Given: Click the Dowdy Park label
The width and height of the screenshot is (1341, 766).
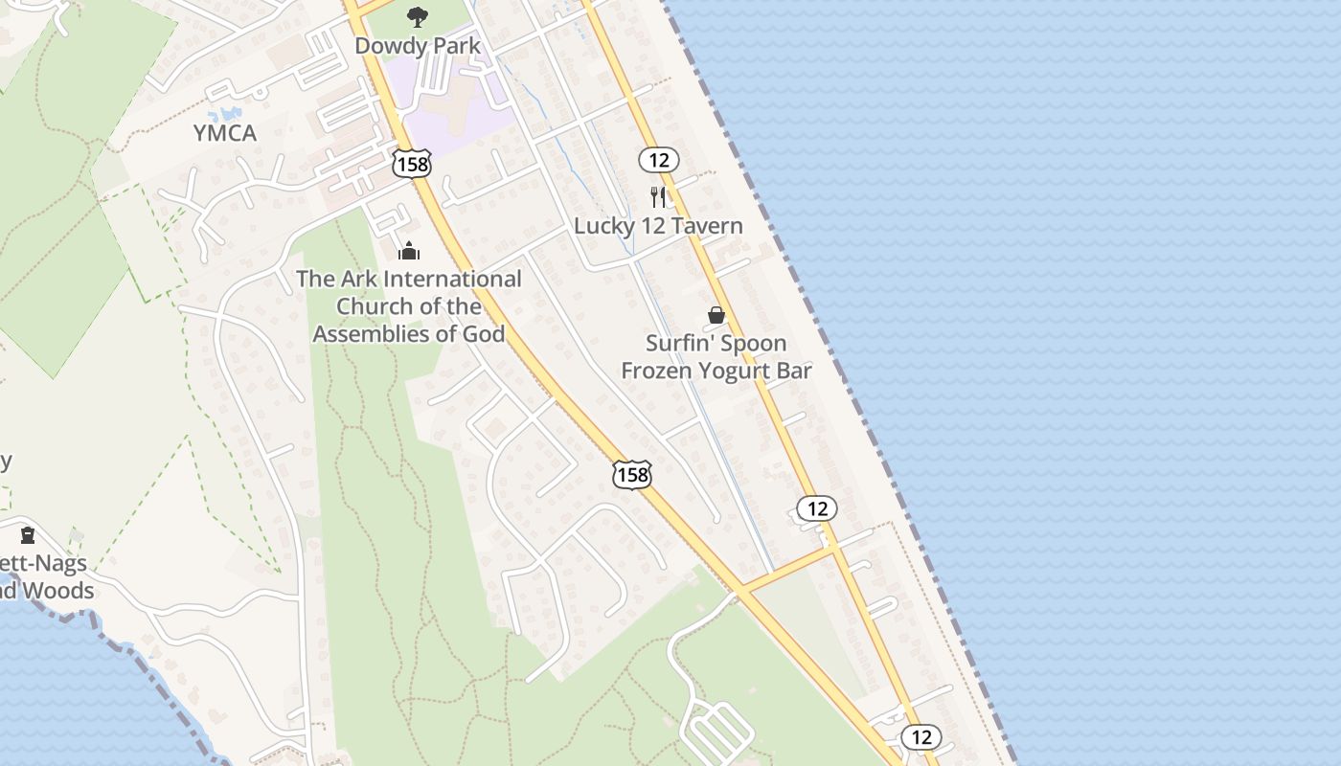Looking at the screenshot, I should (x=418, y=46).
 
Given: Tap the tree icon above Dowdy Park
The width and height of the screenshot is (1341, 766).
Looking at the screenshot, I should (x=417, y=16).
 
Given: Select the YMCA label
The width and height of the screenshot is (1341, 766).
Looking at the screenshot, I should (x=225, y=133).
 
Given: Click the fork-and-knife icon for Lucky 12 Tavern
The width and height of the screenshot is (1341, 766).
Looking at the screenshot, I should (x=658, y=197).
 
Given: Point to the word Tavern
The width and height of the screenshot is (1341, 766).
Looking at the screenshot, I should (x=708, y=227).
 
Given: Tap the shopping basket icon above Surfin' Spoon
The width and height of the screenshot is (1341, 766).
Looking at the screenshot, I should (x=716, y=315).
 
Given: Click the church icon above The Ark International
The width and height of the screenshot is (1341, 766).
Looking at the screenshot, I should (x=409, y=252).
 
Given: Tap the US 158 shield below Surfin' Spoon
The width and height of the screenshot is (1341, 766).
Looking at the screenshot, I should (x=632, y=474).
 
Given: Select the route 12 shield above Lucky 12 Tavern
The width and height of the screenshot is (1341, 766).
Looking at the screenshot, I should (x=659, y=161).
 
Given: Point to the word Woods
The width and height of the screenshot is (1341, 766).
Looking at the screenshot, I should (x=58, y=591).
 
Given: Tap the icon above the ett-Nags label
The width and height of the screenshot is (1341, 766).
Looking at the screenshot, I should (x=28, y=534).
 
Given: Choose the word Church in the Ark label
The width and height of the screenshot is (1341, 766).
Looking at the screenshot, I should (x=375, y=306).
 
